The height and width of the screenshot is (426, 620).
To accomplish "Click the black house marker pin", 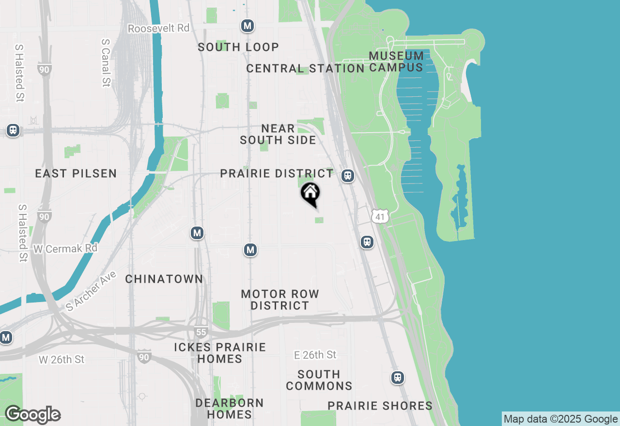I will point(310,194).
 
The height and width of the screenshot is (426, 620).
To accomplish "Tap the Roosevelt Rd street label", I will point(158,28).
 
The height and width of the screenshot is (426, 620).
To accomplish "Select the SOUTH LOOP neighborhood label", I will point(238,47).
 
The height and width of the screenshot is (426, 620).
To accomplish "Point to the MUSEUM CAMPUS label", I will point(396,61).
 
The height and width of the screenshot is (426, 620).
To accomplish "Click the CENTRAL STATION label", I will point(305,68).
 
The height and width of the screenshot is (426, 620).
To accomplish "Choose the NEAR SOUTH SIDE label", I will point(278,134).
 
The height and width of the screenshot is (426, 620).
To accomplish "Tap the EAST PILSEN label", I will point(76,173).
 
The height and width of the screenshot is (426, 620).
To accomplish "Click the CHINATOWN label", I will point(164,279).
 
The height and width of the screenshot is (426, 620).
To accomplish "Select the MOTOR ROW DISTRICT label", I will point(280,300).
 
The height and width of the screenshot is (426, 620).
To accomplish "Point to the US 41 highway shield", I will point(380,216).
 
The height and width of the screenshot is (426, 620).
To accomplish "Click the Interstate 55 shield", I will point(201,332).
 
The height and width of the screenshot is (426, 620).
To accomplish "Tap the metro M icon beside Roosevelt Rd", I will point(248,26).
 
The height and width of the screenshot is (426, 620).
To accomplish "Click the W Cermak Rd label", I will point(65,248).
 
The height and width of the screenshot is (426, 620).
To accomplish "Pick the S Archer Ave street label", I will point(91,290).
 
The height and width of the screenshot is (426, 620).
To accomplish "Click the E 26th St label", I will point(315,355).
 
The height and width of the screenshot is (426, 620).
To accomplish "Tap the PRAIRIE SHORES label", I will point(380,406).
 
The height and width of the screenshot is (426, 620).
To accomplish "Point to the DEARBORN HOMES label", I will point(230,409).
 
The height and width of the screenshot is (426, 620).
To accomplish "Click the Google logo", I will point(32,415).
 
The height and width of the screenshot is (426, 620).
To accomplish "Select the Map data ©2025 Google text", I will point(560,419).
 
